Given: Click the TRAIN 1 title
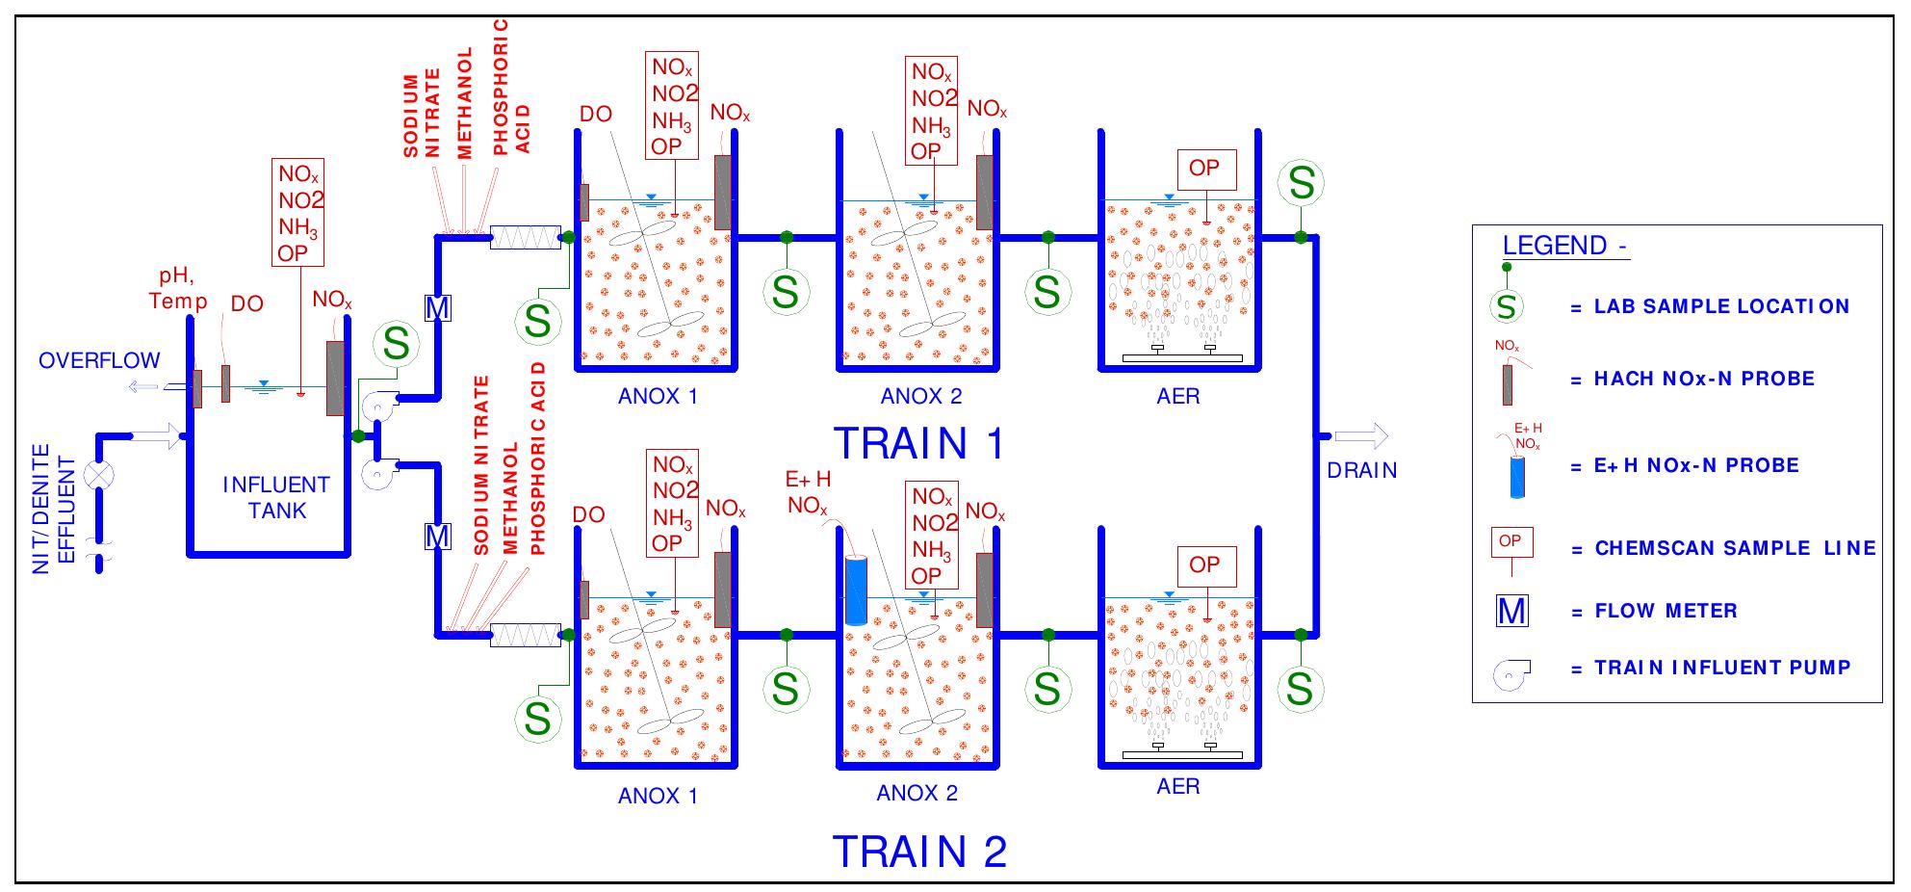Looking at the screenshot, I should [918, 443].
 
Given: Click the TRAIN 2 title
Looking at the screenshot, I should [918, 852].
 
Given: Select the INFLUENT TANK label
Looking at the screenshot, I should [276, 498].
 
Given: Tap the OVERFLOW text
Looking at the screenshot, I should [99, 361].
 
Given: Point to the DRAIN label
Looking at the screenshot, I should [1361, 470].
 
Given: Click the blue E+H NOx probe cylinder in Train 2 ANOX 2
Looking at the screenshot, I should [855, 590].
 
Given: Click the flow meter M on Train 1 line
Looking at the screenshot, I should [438, 308].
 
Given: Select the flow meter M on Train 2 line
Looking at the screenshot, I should [438, 536].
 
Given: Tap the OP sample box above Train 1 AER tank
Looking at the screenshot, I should [1203, 170].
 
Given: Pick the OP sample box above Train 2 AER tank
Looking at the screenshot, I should [1203, 565].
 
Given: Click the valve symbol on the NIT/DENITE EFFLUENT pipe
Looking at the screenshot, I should [99, 476].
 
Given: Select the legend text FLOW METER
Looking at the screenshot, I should [1666, 611].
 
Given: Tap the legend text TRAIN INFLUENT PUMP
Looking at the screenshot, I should [1722, 668].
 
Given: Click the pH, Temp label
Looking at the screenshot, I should [178, 289].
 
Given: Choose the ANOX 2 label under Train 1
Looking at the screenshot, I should [920, 397].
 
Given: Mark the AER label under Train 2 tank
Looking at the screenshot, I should [1177, 787].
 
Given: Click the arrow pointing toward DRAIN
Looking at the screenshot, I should [1361, 436].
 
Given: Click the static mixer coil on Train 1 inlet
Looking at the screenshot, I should [525, 237].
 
